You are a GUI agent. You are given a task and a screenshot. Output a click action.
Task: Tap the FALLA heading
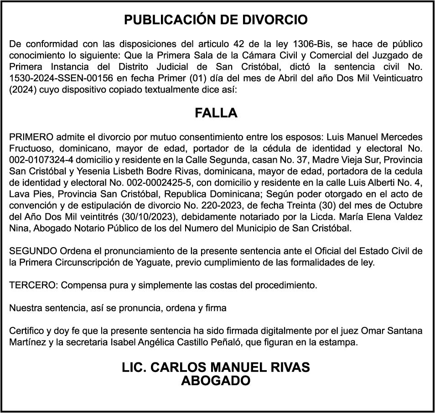[x=216, y=113]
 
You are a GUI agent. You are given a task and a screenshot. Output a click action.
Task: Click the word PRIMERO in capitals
[x=31, y=137]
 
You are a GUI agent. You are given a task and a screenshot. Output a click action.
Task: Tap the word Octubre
[x=405, y=203]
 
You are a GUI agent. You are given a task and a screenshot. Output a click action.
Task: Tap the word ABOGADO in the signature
[x=216, y=380]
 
